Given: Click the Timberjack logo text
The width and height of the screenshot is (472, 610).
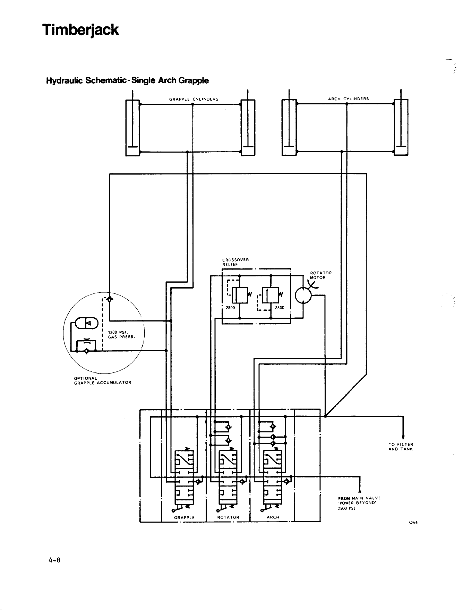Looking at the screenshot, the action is click(x=80, y=31).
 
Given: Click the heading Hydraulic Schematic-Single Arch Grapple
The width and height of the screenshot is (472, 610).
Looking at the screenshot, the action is click(x=127, y=81).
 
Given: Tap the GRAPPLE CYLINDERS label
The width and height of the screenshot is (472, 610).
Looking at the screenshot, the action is click(x=194, y=99).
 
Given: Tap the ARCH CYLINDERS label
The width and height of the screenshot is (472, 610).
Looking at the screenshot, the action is click(x=348, y=99).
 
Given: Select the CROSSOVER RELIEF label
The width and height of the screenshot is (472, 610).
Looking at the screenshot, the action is click(x=235, y=262).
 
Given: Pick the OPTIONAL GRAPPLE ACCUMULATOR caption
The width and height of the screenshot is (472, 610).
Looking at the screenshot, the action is click(x=103, y=380).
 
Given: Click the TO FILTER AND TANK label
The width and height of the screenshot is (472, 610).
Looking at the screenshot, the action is click(x=401, y=447).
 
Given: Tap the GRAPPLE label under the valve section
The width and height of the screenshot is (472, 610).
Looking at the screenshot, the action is click(x=184, y=517).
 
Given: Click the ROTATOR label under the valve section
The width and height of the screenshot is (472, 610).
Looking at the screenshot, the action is click(x=228, y=517).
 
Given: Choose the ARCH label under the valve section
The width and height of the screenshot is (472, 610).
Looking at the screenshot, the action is click(x=273, y=517).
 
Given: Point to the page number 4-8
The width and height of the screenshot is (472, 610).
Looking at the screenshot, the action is click(x=55, y=560).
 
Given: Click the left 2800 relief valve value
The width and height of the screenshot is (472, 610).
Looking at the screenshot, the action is click(x=230, y=308).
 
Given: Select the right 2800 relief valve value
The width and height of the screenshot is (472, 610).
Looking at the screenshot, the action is click(x=280, y=308).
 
